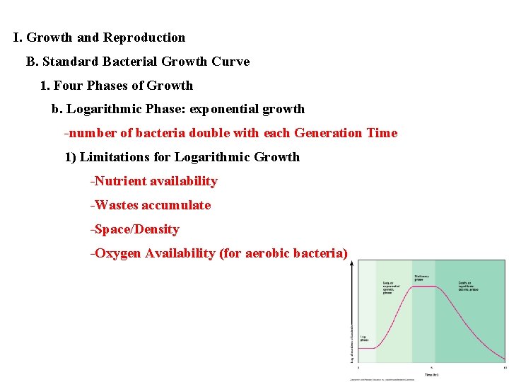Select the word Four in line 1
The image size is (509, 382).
click(x=68, y=86)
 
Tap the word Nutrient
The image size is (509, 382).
click(x=120, y=181)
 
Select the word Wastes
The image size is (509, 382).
click(x=117, y=205)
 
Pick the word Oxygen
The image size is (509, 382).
click(x=117, y=253)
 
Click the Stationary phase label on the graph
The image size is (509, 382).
click(x=422, y=277)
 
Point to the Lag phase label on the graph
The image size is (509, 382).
click(x=364, y=338)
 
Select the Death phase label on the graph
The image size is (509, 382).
click(x=469, y=286)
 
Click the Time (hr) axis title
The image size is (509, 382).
click(x=431, y=374)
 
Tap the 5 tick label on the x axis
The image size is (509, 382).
click(x=431, y=368)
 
